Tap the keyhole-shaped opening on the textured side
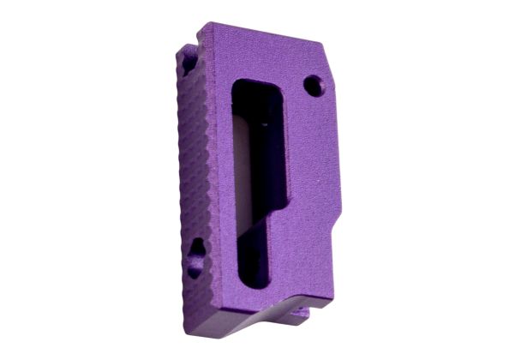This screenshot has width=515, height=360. coord(196,255)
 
